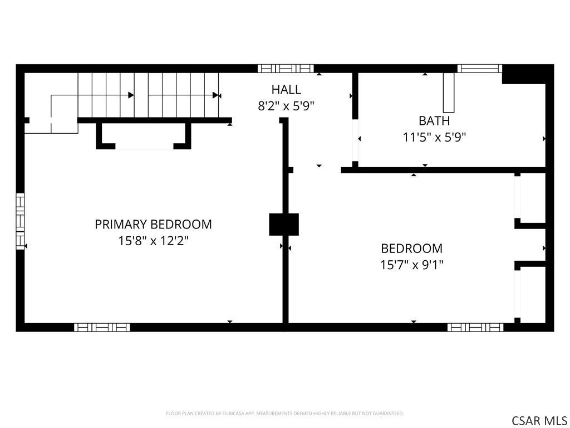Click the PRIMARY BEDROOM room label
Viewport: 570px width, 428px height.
pos(153,224)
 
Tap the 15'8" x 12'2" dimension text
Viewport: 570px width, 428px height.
pos(153,241)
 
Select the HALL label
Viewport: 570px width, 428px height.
pos(286,90)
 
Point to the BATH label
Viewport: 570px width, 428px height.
pos(434,120)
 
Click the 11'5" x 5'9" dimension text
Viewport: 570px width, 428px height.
pos(434,137)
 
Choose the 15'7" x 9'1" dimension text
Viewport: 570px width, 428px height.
pos(412,265)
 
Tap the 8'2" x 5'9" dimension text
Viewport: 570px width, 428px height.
pos(286,106)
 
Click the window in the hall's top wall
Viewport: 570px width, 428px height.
pos(286,69)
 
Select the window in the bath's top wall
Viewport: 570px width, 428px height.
pos(479,69)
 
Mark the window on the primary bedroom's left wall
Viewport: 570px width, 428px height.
pos(21,221)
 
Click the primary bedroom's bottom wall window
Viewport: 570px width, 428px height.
pos(102,327)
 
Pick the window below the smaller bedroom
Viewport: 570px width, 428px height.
pos(475,327)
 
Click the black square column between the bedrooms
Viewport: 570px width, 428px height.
pos(284,224)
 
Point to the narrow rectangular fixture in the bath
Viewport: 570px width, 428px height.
pos(449,93)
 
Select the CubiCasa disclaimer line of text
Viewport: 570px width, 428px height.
pos(284,414)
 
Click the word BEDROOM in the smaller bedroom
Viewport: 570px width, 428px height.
pos(412,249)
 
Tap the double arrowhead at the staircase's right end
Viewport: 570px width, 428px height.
pos(217,95)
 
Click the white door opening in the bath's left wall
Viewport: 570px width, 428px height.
pos(355,140)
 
